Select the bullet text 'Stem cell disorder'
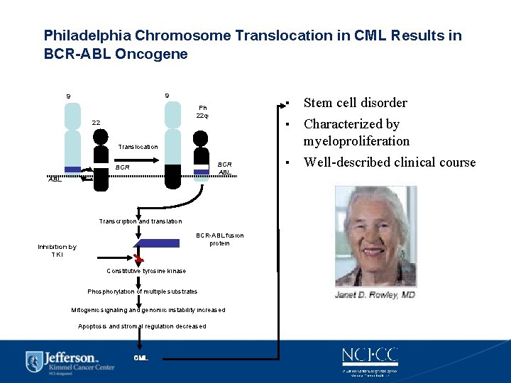[x=355, y=103]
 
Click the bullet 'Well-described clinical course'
[x=389, y=162]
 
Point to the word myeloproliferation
[x=356, y=141]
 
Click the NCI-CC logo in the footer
[x=369, y=357]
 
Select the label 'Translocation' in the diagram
[x=138, y=147]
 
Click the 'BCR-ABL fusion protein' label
[x=219, y=239]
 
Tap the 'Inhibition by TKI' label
[x=57, y=250]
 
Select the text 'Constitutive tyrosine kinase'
[x=146, y=271]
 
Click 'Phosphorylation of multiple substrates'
[x=143, y=292]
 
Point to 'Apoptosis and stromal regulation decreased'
[x=142, y=326]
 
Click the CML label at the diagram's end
[x=141, y=357]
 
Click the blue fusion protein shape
[x=157, y=243]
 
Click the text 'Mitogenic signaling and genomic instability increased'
[x=148, y=310]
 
